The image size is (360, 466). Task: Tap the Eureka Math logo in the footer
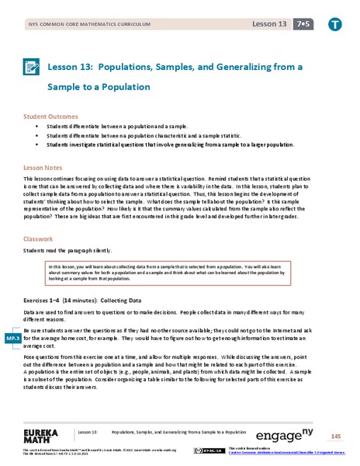point(40,434)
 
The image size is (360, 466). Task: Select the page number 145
point(334,436)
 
